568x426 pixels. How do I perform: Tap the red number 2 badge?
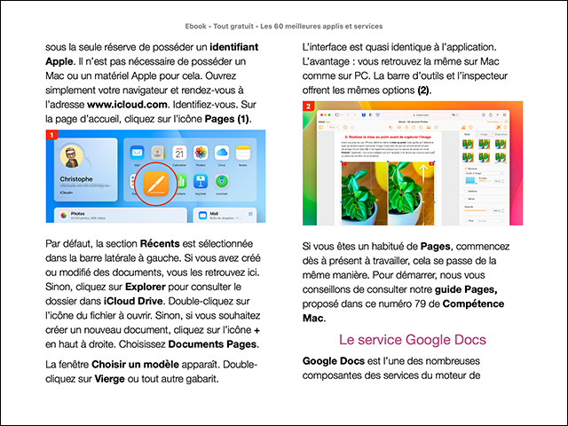pos(308,106)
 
